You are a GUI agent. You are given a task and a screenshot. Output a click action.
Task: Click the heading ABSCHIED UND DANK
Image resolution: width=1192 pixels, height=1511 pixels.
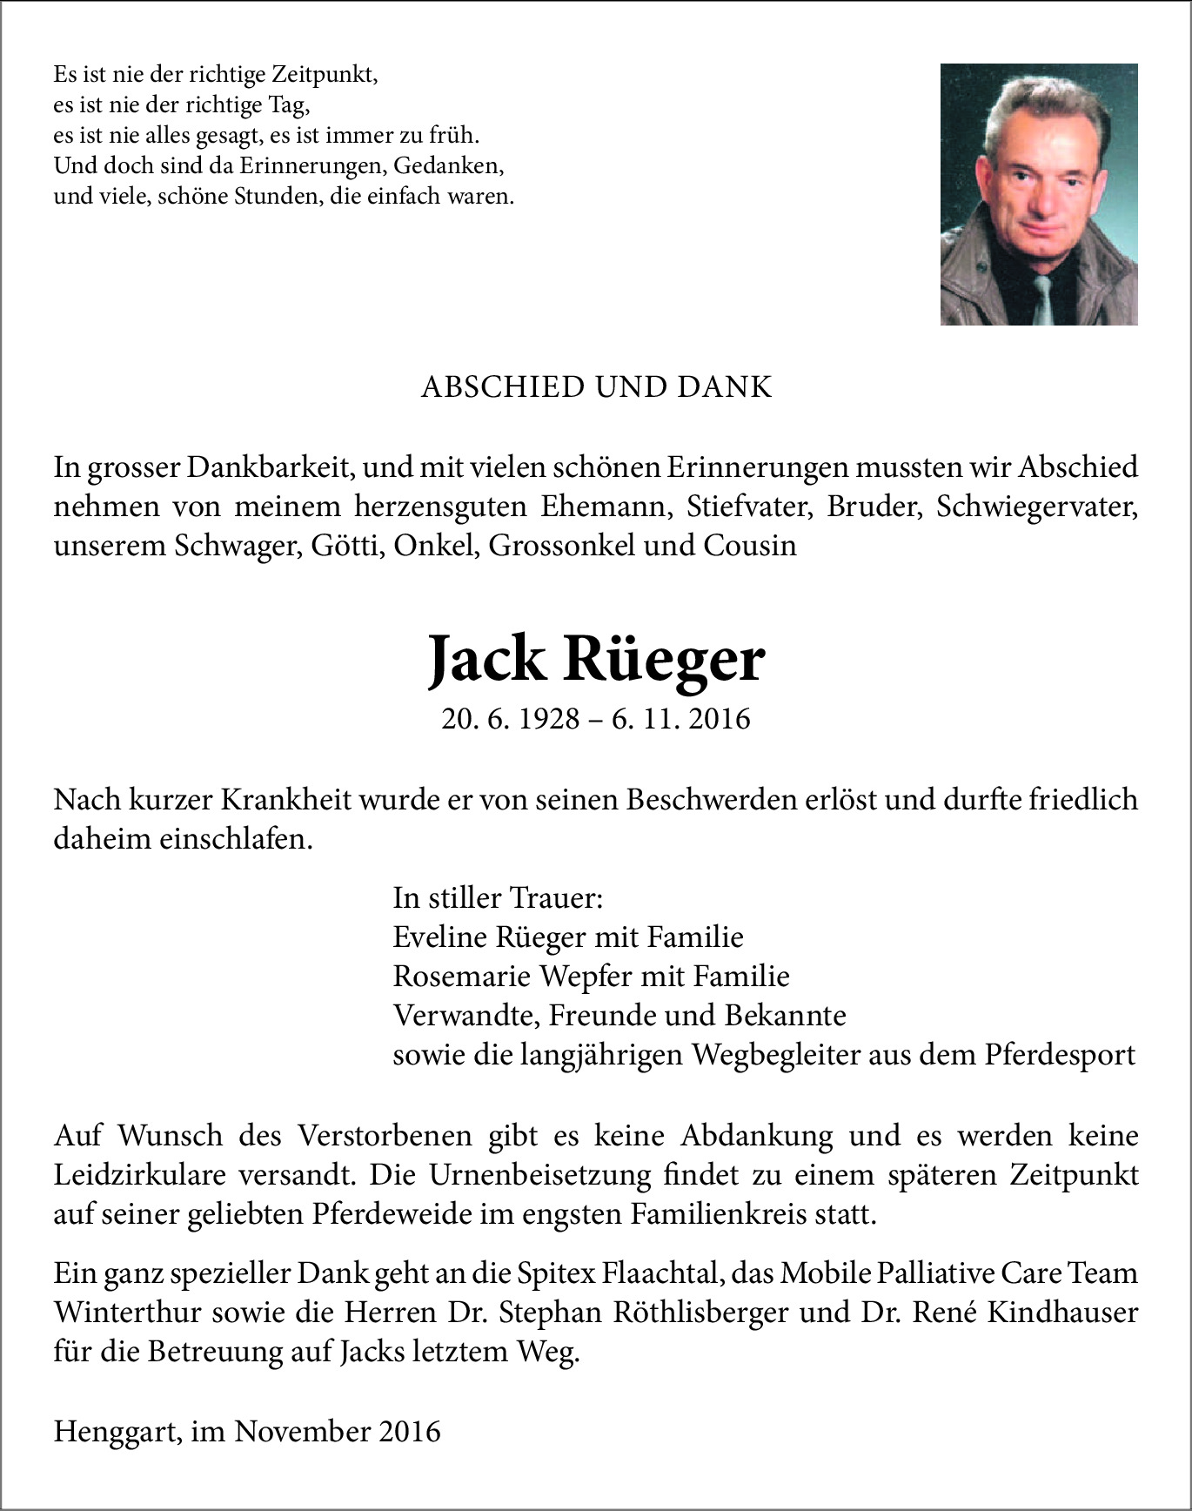(596, 387)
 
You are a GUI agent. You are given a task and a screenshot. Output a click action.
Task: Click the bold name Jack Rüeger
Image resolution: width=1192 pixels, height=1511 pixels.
(596, 661)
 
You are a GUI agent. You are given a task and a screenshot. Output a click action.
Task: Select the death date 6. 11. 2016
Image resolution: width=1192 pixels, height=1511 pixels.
(680, 719)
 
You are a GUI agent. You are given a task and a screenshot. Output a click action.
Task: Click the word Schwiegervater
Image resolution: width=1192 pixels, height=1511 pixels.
(1037, 507)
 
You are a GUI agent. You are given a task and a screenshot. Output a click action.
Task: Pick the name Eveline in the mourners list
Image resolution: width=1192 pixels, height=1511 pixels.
(440, 937)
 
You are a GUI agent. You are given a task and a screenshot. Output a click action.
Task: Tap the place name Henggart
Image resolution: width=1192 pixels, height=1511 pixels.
(117, 1432)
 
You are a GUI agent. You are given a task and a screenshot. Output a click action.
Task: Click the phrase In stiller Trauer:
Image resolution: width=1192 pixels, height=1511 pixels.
(498, 898)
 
